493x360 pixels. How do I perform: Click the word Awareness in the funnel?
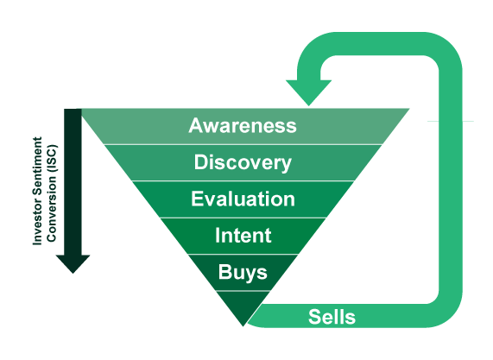point(243,125)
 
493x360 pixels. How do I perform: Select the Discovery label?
point(243,163)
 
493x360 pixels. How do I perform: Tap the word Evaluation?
point(243,199)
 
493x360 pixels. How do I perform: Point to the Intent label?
point(243,235)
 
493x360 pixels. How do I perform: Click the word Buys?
point(243,272)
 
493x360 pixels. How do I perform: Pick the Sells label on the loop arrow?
point(332,317)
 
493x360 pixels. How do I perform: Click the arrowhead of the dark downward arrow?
point(73,264)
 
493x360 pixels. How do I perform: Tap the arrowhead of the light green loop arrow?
point(309,92)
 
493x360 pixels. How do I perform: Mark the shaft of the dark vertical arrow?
point(73,182)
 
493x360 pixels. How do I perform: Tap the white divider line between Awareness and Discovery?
point(243,145)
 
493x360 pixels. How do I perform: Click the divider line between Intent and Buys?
point(243,254)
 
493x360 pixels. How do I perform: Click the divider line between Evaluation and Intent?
point(243,218)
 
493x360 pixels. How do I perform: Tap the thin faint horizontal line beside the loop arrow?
point(451,121)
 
